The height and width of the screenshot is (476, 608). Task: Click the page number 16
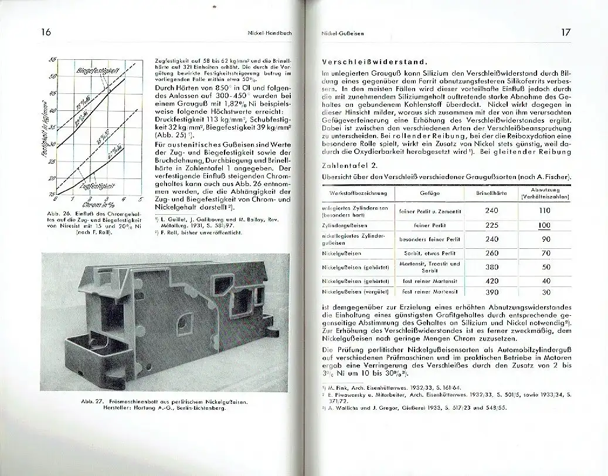(x=45, y=33)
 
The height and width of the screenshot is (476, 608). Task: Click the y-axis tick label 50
(x=52, y=76)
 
